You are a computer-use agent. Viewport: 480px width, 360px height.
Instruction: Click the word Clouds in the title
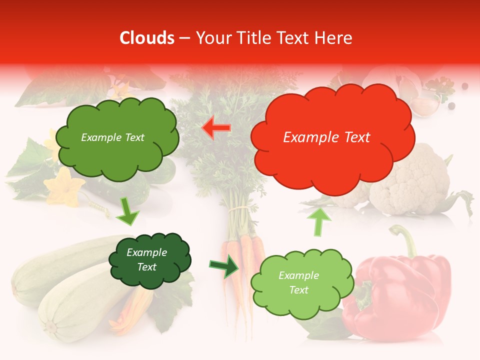coord(147,38)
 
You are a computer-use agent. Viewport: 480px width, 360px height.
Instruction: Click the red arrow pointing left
coord(216,128)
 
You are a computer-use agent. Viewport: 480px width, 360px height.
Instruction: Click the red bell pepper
coord(400,295)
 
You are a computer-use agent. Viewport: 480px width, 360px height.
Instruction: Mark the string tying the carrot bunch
coord(239,207)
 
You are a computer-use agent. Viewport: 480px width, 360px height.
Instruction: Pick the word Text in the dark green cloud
coord(147,267)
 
